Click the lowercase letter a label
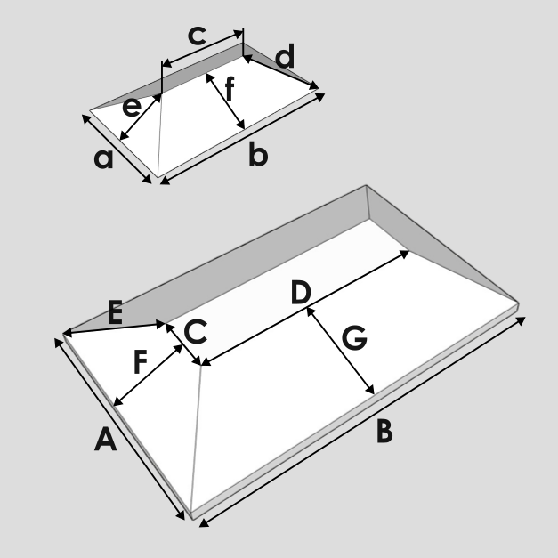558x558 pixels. (x=103, y=158)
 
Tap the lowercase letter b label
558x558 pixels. (x=258, y=154)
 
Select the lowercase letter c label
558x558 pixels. (x=197, y=36)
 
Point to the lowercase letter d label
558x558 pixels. (x=285, y=56)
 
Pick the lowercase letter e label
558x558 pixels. (x=132, y=107)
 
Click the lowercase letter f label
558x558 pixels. (x=230, y=89)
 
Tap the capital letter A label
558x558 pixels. (x=105, y=439)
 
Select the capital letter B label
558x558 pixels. (x=384, y=432)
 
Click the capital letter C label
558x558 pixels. (x=196, y=331)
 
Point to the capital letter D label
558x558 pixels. (x=301, y=292)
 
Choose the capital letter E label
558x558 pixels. (x=115, y=312)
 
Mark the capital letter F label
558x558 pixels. (x=141, y=362)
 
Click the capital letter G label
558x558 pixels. (x=354, y=338)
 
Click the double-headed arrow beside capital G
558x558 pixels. (x=340, y=351)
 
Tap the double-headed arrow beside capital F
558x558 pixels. (x=148, y=375)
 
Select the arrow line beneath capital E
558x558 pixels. (x=115, y=328)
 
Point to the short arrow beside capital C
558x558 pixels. (x=183, y=344)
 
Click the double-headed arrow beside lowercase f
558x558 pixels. (x=226, y=101)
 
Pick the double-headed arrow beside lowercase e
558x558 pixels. (x=140, y=117)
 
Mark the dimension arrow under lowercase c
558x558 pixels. (x=202, y=49)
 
